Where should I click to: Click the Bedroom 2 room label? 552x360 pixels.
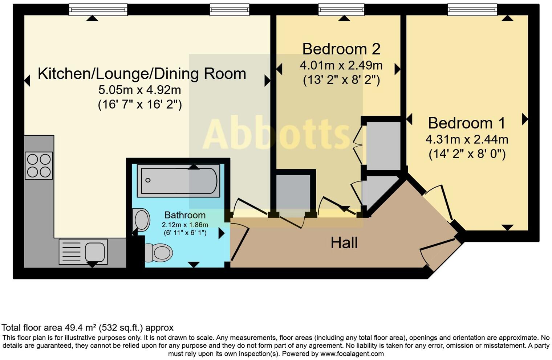coord(341,49)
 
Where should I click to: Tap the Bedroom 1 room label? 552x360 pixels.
coord(466,123)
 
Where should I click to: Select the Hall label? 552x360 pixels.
coord(344,243)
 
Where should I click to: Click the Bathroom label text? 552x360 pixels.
coord(185,215)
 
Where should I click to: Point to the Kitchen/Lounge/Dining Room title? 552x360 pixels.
coord(142,74)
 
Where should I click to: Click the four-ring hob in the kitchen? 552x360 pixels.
coord(39,165)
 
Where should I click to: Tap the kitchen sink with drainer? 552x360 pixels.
coord(83,251)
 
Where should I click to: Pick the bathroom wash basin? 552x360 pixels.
coord(142,220)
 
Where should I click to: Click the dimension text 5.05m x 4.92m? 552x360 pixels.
coord(139,90)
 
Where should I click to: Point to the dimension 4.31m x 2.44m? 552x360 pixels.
coord(467,139)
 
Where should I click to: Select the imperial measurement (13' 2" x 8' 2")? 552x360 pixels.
coord(341,80)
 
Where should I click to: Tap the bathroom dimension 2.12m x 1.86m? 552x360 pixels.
coord(185,225)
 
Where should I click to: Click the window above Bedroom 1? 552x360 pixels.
coord(472,9)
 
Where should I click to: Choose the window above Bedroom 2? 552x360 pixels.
coord(341,9)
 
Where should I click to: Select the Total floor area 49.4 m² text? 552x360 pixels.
coord(88,328)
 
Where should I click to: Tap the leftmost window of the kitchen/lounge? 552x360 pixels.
coord(98,9)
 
